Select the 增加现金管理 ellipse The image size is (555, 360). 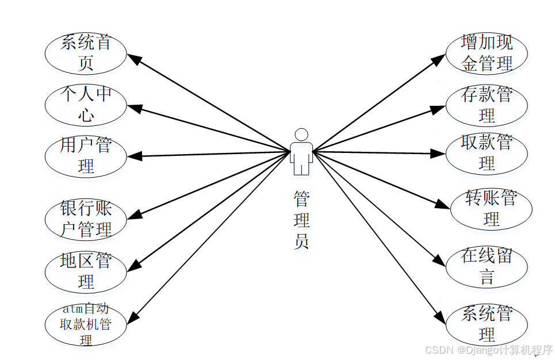click(487, 53)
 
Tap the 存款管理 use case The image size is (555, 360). click(487, 105)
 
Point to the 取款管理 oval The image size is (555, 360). click(487, 153)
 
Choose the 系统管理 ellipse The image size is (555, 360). click(487, 324)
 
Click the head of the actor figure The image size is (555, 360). click(301, 135)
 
